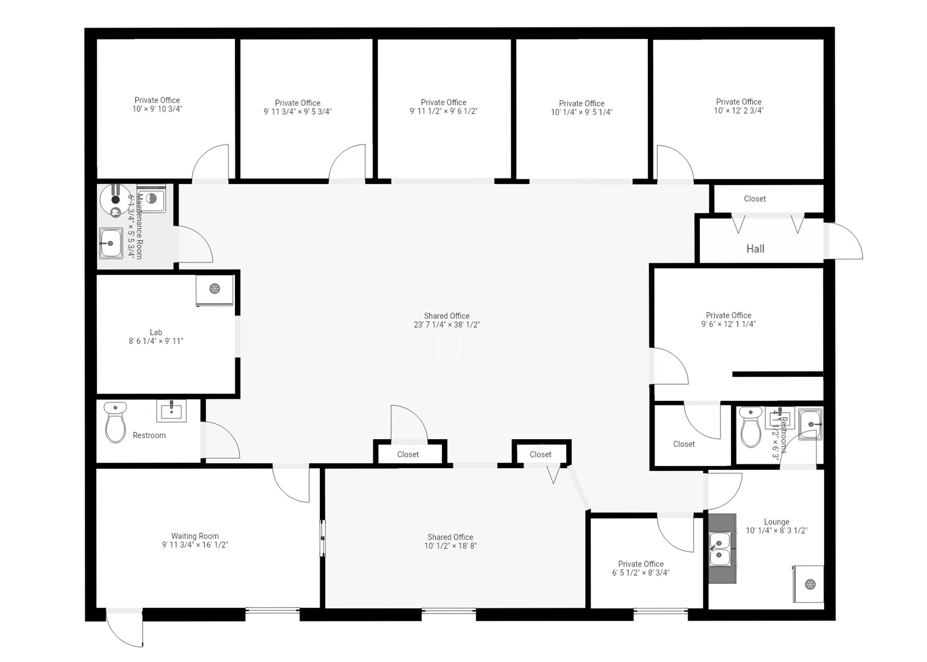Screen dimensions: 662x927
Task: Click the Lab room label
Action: click(156, 332)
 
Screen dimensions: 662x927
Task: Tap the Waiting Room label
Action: click(195, 536)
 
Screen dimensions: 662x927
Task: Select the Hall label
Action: click(755, 249)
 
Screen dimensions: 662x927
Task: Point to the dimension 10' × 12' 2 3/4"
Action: click(739, 110)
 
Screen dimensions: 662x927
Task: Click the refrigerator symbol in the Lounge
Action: click(809, 584)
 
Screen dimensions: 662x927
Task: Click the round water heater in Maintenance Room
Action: click(115, 199)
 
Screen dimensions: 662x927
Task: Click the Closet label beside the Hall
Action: click(755, 199)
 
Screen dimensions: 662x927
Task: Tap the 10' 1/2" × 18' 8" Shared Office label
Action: click(450, 541)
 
